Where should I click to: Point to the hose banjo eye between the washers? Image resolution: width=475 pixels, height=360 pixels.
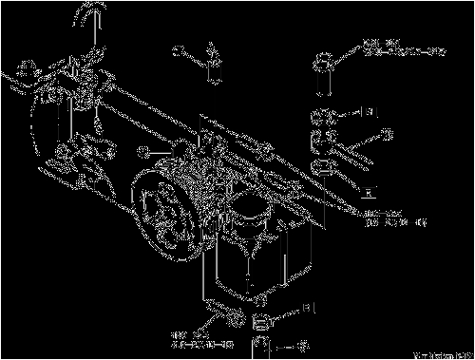323,141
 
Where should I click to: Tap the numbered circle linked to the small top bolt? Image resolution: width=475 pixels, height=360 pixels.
177,51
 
